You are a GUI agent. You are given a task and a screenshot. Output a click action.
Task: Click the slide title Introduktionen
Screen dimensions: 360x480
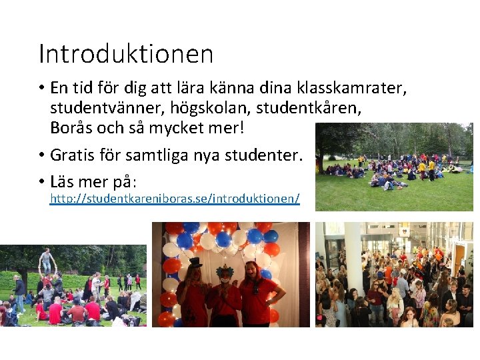coord(126,53)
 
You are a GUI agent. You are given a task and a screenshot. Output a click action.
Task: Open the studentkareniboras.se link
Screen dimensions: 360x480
coord(175,199)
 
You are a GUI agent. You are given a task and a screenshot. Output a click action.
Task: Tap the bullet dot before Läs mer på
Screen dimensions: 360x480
coord(41,181)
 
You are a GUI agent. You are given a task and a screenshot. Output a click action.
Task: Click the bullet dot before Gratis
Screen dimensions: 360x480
coord(41,157)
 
